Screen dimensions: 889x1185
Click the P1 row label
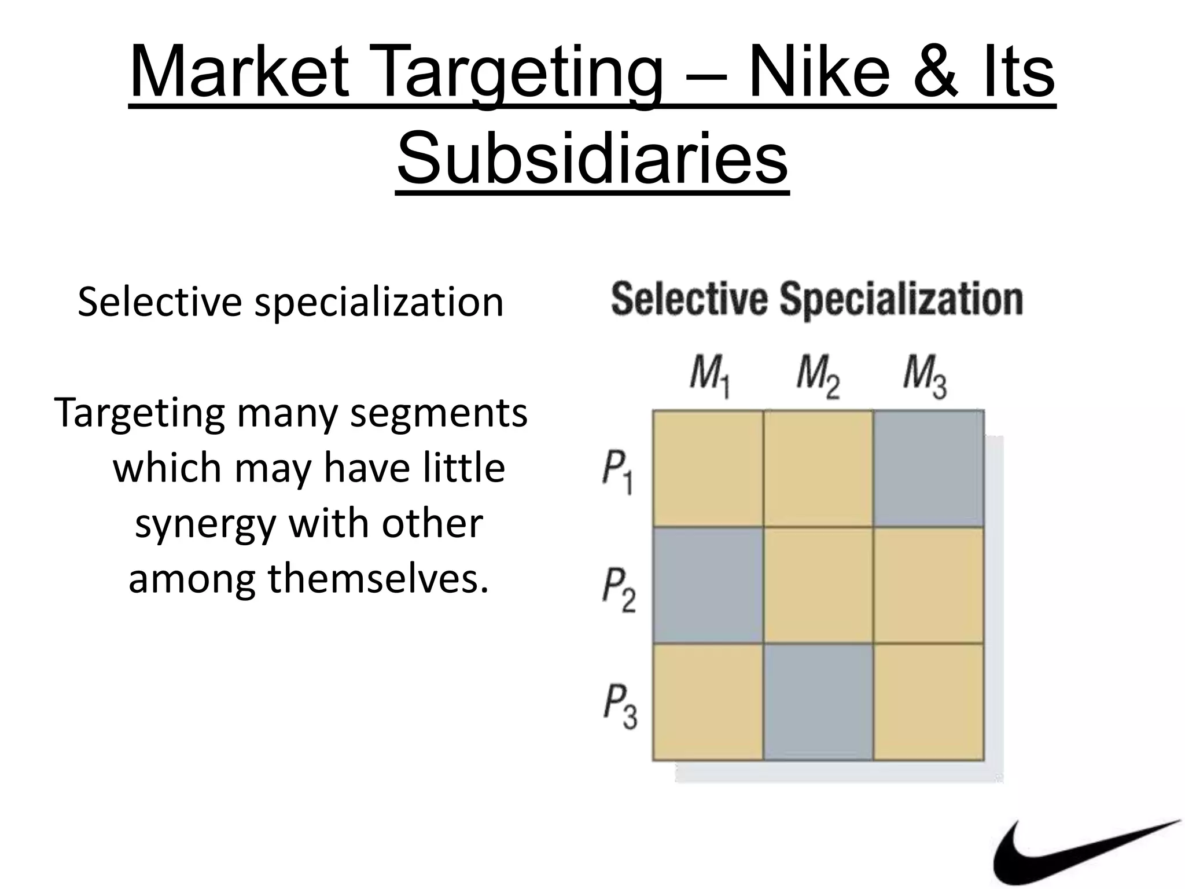(617, 472)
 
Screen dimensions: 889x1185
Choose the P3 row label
(620, 706)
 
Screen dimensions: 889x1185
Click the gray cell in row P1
(929, 468)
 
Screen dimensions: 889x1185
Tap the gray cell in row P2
(708, 585)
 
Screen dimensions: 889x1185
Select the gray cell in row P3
(818, 701)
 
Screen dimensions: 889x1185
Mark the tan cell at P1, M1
(708, 468)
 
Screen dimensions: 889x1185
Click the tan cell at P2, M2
(818, 585)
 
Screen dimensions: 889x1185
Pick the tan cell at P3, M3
(929, 701)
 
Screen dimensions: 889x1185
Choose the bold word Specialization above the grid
(901, 300)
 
